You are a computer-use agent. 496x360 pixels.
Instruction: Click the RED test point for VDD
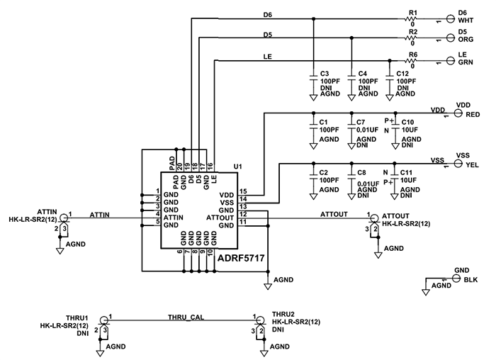[x=458, y=113]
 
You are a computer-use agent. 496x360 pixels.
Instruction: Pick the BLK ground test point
[x=456, y=280]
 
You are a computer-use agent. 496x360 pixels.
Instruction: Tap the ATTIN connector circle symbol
[x=64, y=218]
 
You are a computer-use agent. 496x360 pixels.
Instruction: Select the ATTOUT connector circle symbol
[x=374, y=218]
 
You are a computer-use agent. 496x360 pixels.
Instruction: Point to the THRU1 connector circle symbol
[x=104, y=321]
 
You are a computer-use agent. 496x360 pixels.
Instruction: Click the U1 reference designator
[x=238, y=167]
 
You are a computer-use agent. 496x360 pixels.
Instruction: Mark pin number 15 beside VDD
[x=243, y=191]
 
